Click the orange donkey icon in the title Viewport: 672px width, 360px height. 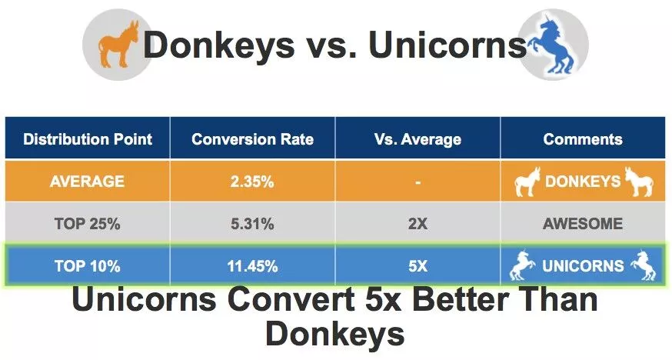[118, 44]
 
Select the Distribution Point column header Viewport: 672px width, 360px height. [88, 139]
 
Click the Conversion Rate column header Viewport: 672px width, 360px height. [252, 139]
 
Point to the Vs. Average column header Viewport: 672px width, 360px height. [418, 139]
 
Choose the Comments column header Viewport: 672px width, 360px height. [583, 139]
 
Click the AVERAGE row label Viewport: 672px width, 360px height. [88, 182]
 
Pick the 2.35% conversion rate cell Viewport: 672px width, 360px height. [252, 182]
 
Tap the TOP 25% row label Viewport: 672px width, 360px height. [88, 223]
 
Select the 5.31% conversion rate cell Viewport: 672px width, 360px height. [252, 223]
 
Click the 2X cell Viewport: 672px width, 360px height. [418, 223]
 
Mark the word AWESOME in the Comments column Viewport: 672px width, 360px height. [583, 223]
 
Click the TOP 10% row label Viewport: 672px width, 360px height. [88, 265]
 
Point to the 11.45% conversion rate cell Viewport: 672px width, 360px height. [252, 265]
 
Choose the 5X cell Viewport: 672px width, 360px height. [418, 265]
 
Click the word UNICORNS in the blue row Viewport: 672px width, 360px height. [583, 265]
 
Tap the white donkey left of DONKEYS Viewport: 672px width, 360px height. [527, 182]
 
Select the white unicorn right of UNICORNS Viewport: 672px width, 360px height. [643, 265]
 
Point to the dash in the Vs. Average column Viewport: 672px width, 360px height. [418, 182]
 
